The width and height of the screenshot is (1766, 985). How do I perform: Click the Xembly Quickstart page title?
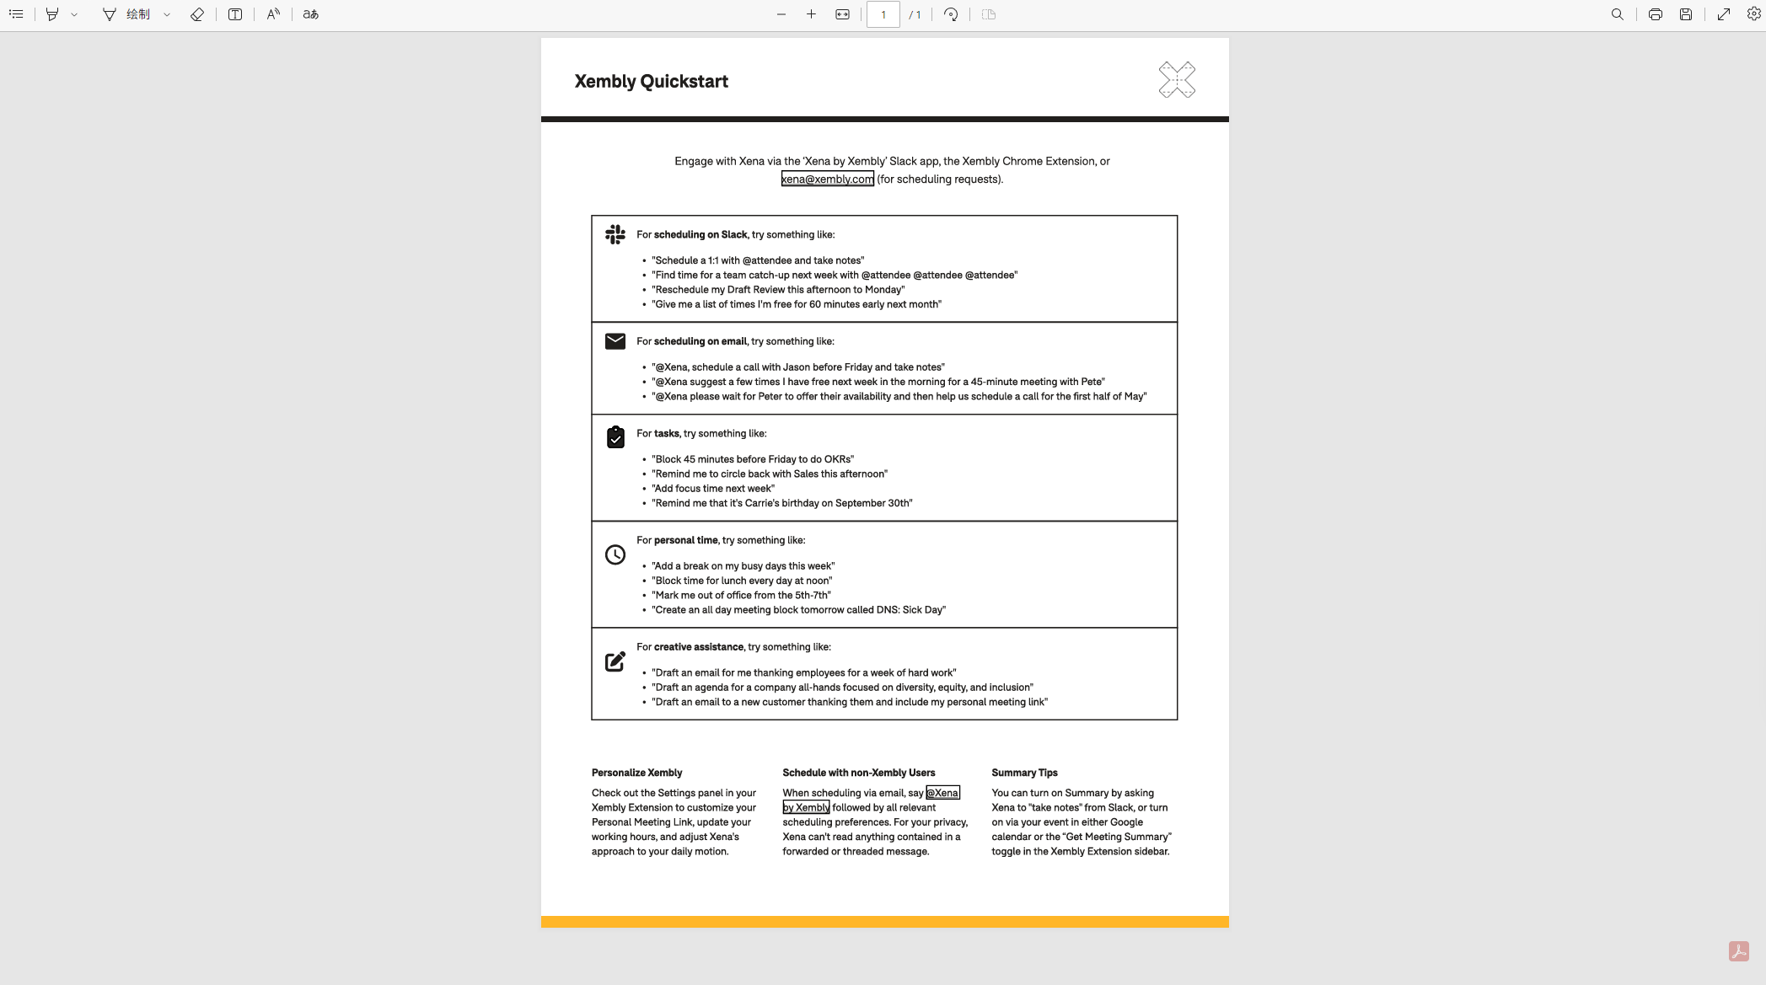pos(651,82)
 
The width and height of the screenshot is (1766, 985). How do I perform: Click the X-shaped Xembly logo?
pos(1177,80)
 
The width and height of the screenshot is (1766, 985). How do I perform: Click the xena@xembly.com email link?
pos(827,179)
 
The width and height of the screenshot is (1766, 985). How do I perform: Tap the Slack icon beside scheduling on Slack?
pos(615,234)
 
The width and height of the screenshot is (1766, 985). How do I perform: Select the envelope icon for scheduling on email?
pos(615,341)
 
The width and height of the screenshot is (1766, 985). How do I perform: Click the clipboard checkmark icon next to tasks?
pos(615,437)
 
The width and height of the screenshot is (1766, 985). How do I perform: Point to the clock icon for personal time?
pos(615,554)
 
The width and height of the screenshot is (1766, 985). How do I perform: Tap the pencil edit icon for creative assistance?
pos(615,661)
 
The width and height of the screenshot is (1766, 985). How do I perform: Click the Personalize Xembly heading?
pos(636,773)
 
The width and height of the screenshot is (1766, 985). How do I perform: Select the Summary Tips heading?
pos(1024,773)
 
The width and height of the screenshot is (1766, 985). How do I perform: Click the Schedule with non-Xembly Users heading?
pos(858,773)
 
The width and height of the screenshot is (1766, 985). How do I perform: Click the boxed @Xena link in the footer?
pos(942,793)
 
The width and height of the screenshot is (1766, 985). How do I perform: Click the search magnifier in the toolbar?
pos(1617,14)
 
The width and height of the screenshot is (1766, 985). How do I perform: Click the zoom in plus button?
pos(811,14)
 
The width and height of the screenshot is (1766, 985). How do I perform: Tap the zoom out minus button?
pos(781,14)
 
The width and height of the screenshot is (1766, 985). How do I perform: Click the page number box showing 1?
pos(883,14)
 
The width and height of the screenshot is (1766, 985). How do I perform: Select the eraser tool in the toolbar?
pos(197,14)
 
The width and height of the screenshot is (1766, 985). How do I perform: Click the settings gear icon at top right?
pos(1753,14)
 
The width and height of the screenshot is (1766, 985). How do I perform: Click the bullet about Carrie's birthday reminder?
pos(781,503)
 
